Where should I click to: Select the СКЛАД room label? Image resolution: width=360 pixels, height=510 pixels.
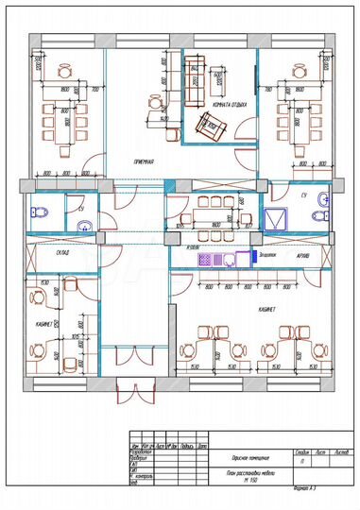tap(67, 253)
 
